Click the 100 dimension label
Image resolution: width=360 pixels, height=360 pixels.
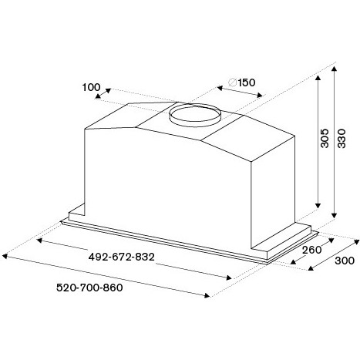[x=91, y=87]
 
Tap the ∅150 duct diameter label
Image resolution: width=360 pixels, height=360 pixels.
[x=242, y=82]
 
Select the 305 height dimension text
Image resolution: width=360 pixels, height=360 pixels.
[x=325, y=138]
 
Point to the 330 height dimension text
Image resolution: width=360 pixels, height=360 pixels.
[x=341, y=138]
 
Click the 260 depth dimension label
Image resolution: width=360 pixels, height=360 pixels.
[x=311, y=250]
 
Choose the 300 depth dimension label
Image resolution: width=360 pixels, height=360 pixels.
[x=345, y=261]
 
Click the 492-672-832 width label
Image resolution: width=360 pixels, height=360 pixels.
[x=121, y=257]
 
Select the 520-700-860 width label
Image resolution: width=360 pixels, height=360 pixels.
[x=89, y=288]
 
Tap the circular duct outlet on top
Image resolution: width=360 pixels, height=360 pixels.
[x=195, y=115]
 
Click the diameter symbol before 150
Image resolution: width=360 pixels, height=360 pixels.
[x=233, y=82]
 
